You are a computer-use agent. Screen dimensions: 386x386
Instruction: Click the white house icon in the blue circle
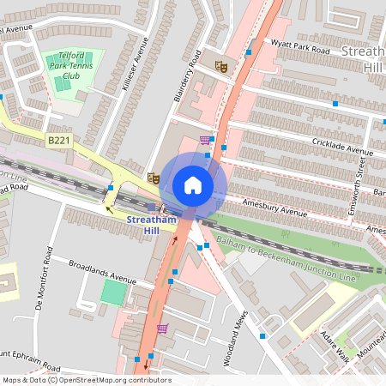(193, 184)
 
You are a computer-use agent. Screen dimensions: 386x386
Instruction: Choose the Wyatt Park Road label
(299, 46)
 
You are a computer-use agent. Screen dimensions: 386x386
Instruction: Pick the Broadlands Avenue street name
(103, 273)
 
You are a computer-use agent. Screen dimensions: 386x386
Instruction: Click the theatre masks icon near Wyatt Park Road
(220, 64)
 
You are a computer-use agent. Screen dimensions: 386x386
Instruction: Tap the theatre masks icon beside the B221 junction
(154, 178)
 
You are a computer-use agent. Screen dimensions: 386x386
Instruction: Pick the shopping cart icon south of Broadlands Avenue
(161, 329)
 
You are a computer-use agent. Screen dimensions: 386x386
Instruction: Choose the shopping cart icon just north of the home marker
(204, 140)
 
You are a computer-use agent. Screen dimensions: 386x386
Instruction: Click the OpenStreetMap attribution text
(87, 380)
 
